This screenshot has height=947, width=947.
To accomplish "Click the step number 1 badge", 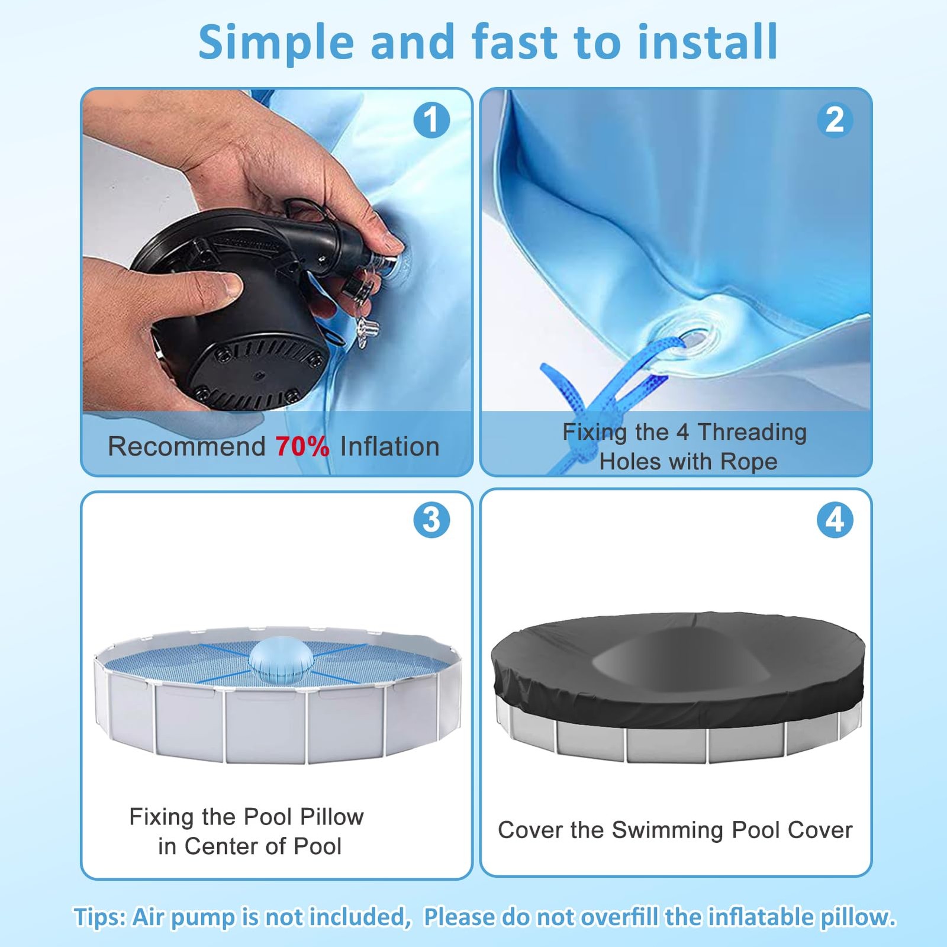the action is click(431, 120).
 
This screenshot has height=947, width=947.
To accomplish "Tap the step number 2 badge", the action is click(835, 120).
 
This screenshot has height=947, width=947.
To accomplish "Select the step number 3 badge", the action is click(431, 520).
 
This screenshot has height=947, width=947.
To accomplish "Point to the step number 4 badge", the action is click(835, 520).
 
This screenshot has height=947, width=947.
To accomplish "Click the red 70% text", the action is click(302, 446).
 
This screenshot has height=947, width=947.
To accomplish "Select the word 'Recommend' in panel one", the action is click(186, 446).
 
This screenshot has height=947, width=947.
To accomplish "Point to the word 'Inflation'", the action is click(389, 446).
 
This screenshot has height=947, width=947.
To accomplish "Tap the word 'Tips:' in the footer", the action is click(100, 917).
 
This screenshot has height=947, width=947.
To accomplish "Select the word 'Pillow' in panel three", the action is click(332, 817).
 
